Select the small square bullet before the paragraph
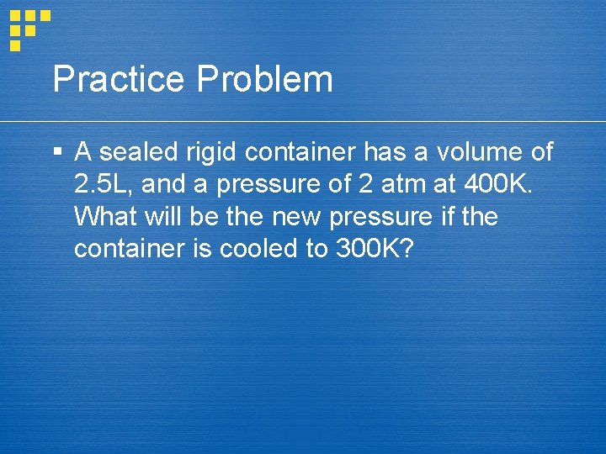pos(56,153)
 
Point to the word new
pos(298,217)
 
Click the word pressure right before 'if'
pos(381,217)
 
